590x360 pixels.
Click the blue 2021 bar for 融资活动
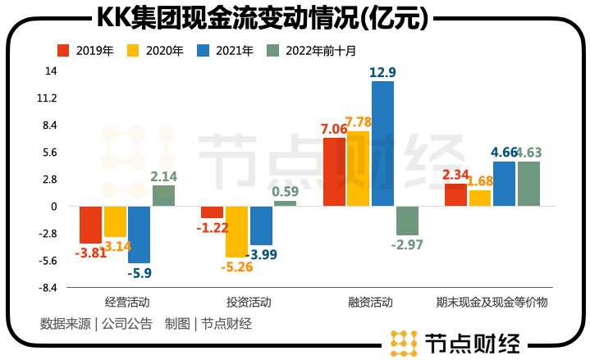click(x=382, y=144)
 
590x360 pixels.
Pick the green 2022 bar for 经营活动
click(x=163, y=196)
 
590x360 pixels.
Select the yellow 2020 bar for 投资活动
click(x=236, y=232)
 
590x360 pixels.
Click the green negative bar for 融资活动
click(x=407, y=221)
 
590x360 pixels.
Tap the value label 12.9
click(x=382, y=73)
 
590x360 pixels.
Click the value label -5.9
click(x=139, y=273)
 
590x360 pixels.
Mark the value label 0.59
click(x=286, y=193)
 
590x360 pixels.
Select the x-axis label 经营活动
click(x=127, y=302)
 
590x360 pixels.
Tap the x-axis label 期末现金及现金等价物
click(x=492, y=302)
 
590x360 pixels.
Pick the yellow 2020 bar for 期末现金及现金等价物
click(x=480, y=198)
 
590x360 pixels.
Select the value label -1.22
click(x=212, y=227)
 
